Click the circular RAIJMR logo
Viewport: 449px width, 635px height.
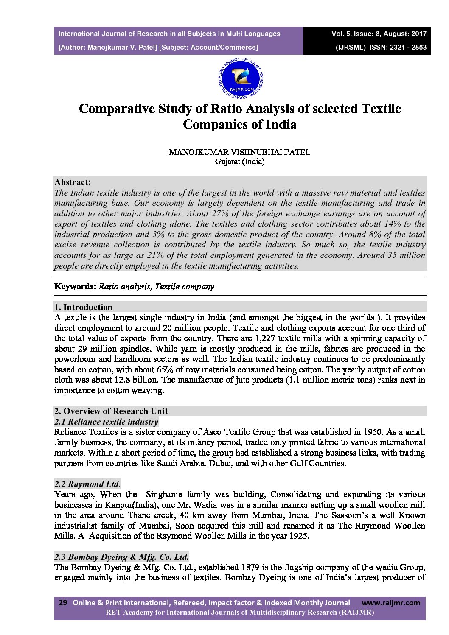coord(240,79)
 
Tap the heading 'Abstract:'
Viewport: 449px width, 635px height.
coord(73,182)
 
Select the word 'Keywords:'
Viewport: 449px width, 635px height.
coord(76,287)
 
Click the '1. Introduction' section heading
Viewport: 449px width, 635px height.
coord(84,307)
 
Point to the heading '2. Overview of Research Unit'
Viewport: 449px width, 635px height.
coord(111,411)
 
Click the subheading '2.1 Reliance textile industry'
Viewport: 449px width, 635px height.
coord(106,422)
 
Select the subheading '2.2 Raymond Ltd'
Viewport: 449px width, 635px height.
coord(87,484)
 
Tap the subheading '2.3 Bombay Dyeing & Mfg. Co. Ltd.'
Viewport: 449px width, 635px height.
coord(122,557)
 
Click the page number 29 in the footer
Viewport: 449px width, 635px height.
coord(63,603)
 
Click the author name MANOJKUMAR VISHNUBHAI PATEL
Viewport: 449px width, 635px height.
coord(240,153)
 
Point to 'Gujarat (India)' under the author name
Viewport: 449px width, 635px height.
coord(240,162)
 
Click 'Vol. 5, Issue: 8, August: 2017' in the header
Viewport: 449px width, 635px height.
coord(379,34)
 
